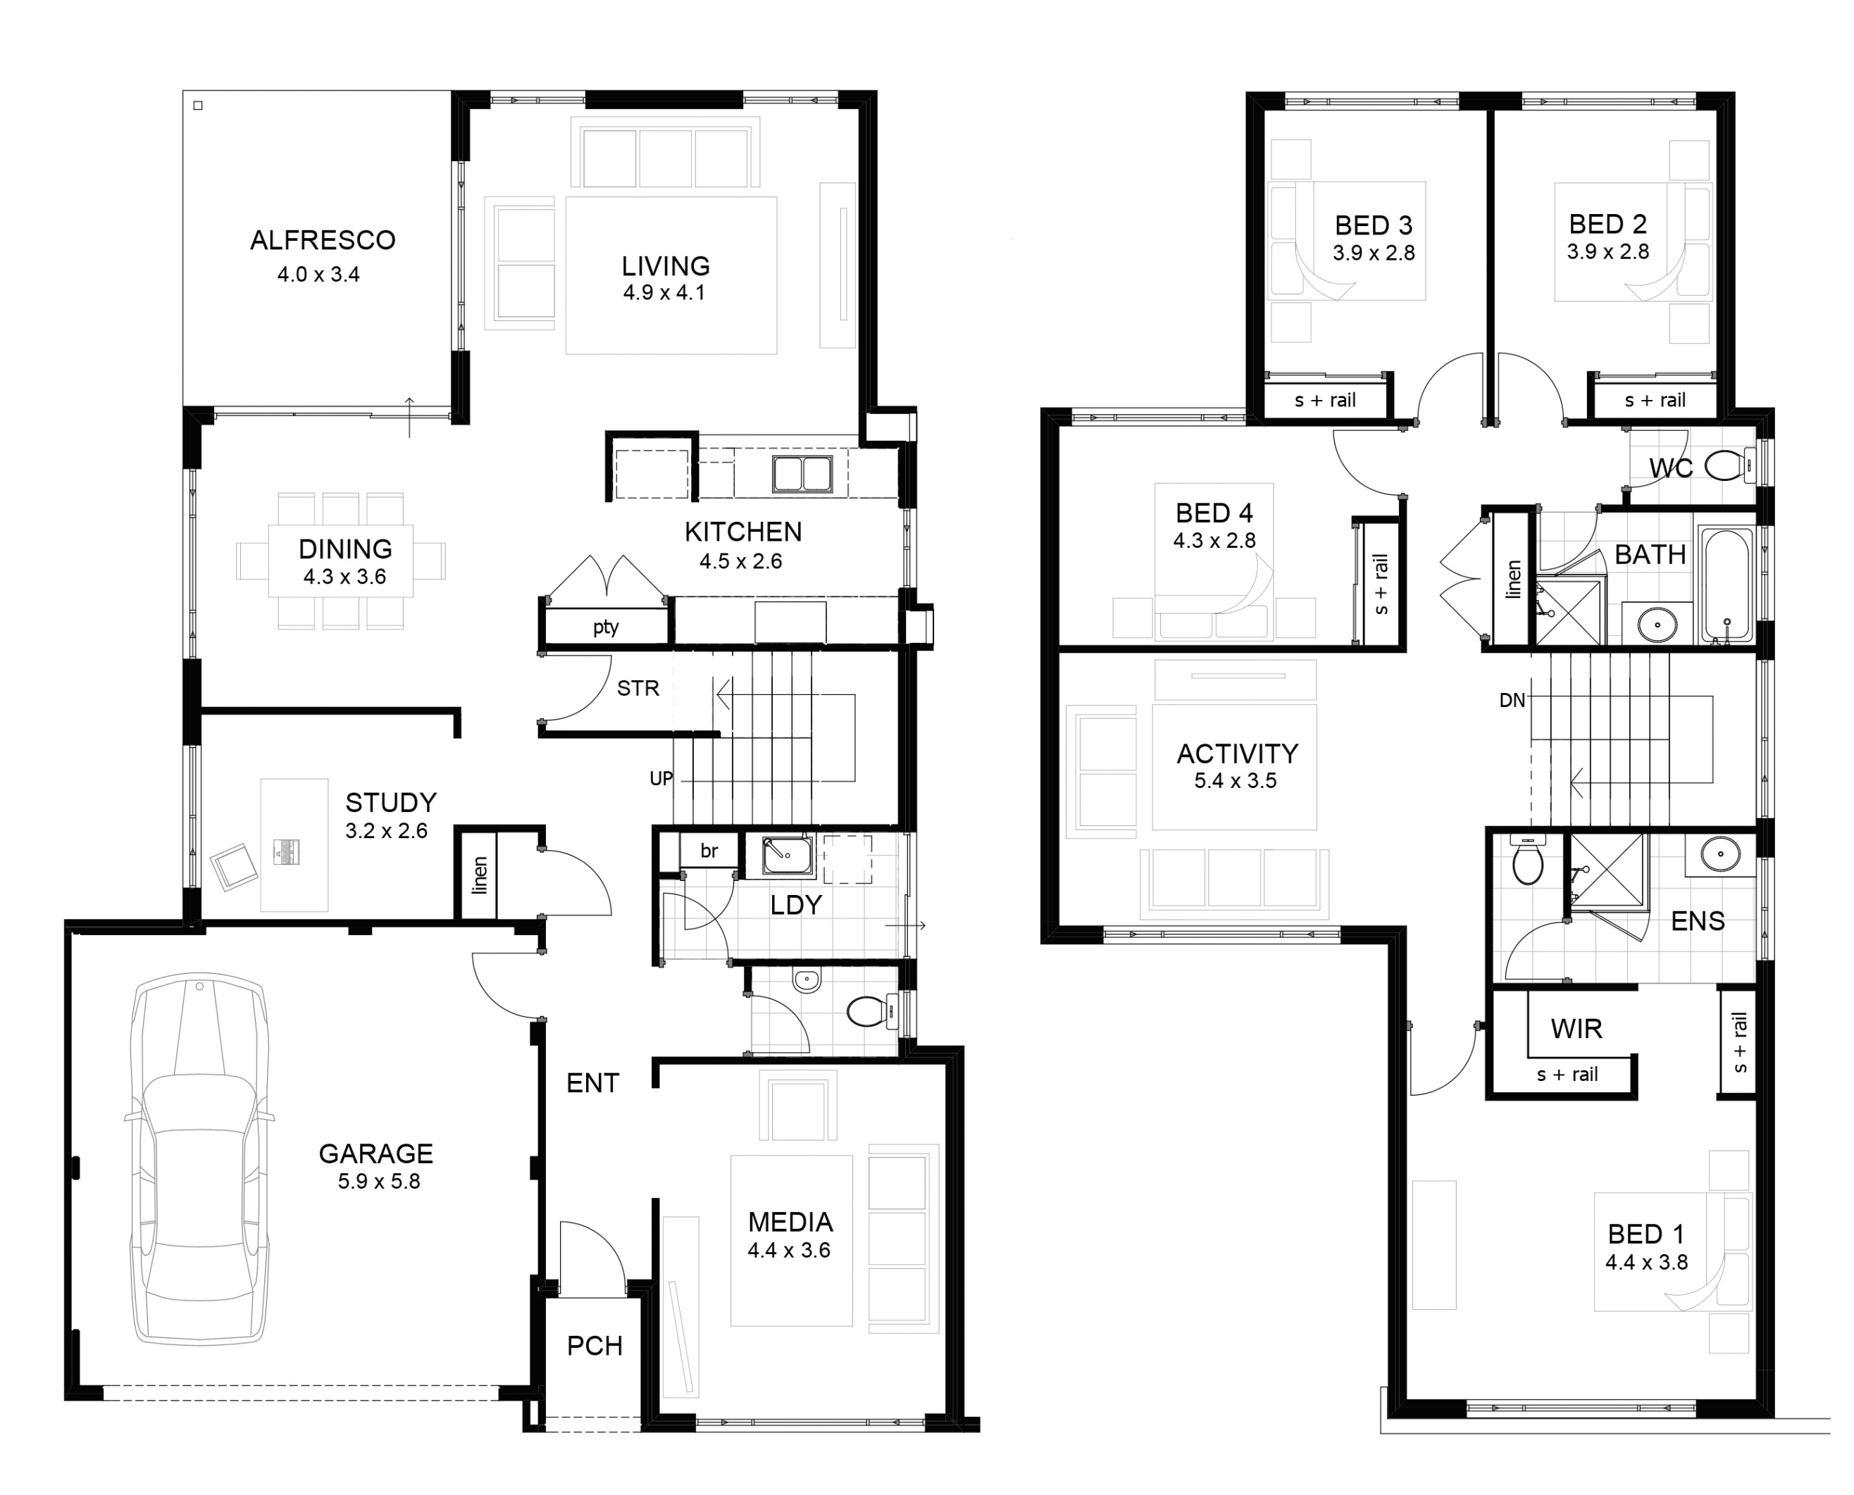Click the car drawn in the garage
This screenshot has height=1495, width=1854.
click(200, 1158)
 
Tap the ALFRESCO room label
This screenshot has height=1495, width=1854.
click(322, 240)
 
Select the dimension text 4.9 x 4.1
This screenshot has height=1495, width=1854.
click(664, 293)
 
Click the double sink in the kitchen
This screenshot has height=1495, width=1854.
click(802, 474)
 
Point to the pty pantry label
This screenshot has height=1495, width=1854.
click(606, 627)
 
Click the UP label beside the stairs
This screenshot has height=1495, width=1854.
click(661, 779)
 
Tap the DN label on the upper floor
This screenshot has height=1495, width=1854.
click(1512, 700)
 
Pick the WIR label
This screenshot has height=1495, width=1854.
click(1576, 1028)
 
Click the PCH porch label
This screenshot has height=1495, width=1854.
click(595, 1345)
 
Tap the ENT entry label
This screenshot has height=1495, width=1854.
click(592, 1082)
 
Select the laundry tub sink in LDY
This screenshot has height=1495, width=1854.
click(785, 854)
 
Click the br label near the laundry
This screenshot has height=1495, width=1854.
click(709, 851)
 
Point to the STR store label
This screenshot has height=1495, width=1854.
click(637, 688)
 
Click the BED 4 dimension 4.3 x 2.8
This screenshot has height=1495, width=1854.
click(1214, 541)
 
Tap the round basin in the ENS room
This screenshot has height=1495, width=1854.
click(1719, 854)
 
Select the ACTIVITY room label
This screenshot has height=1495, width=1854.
click(1237, 753)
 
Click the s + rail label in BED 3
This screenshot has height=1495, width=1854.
click(1325, 401)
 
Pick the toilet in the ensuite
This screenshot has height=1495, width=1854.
click(1527, 864)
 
